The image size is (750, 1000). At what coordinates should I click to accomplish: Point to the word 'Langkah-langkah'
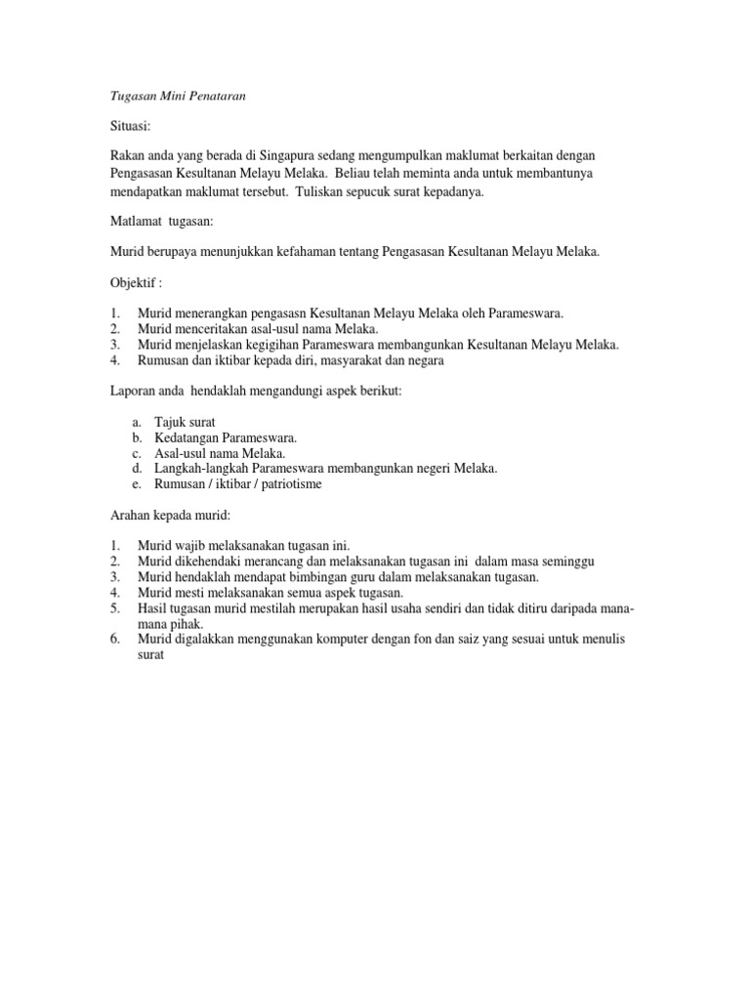201,469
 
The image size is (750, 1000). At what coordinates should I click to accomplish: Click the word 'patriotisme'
287,484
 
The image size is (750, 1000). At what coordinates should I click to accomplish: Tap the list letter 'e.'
136,484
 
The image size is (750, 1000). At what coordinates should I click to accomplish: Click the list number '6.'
115,639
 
